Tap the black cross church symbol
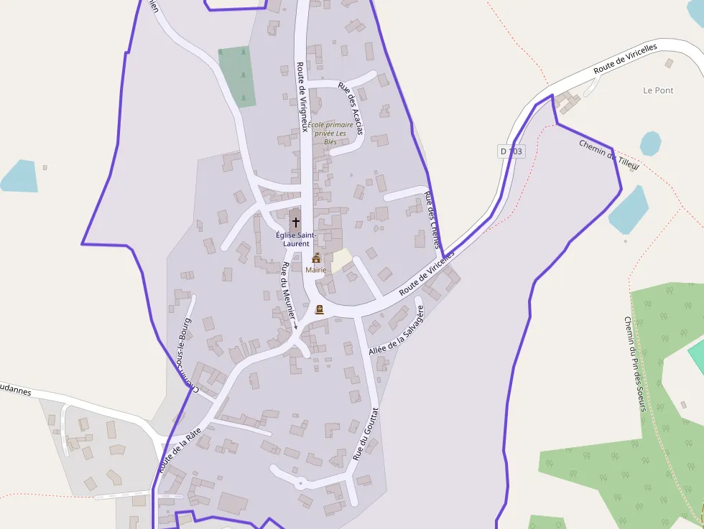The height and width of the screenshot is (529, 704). tap(296, 223)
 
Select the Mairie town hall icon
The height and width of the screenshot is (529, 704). tap(316, 258)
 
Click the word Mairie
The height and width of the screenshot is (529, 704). tap(316, 270)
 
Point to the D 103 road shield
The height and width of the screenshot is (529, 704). tap(511, 151)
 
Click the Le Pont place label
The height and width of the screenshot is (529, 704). tap(658, 90)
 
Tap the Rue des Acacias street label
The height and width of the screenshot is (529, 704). tap(351, 108)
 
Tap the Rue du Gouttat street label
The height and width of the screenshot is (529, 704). tap(365, 434)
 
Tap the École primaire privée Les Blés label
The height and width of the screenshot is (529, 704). tap(330, 133)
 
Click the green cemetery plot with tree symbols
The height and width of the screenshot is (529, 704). tap(237, 76)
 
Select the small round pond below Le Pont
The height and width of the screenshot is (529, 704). tap(650, 143)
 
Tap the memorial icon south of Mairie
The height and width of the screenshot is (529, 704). tap(320, 309)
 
